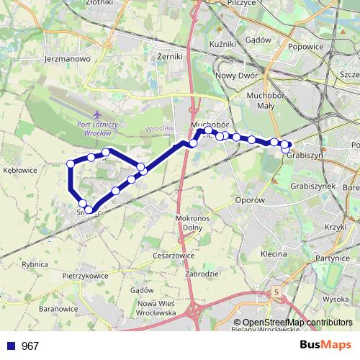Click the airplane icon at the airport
[x=98, y=114]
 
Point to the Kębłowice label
[x=19, y=171]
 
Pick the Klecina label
[x=274, y=254]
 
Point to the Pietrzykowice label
[x=86, y=275]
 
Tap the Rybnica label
[x=35, y=264]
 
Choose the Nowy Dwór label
[x=236, y=75]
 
